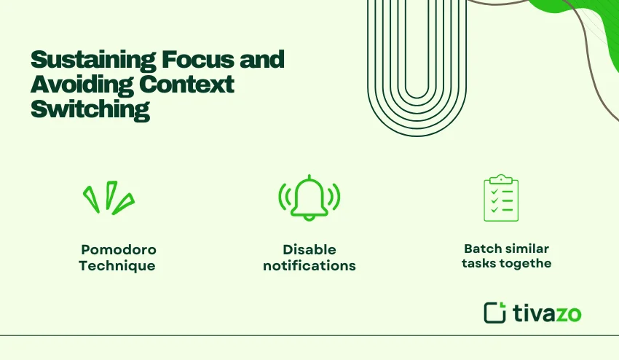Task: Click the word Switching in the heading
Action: [90, 109]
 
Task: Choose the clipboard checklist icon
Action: [501, 197]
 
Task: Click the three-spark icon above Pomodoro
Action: [108, 197]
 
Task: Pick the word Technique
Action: [117, 266]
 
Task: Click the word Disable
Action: [309, 249]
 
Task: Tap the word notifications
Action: [309, 266]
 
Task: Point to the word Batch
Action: [483, 249]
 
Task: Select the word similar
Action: [526, 249]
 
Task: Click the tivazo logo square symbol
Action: [494, 312]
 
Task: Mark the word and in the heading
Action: [263, 60]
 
